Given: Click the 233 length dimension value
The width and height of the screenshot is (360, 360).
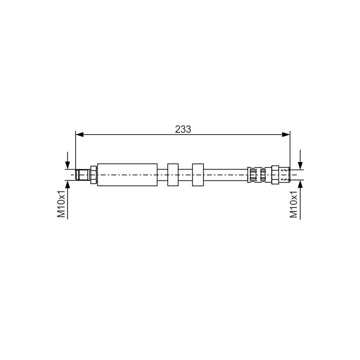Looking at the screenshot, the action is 183,130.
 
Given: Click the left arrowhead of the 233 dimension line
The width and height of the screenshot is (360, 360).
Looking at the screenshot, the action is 80,135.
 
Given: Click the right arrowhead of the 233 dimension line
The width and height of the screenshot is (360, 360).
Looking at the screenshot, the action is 286,135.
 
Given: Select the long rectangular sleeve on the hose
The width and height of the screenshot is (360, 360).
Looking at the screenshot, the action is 127,175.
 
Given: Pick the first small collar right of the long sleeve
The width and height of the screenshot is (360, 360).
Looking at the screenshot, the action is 173,175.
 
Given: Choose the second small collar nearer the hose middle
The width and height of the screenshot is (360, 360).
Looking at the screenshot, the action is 198,175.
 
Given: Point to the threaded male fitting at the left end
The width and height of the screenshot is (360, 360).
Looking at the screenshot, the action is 83,175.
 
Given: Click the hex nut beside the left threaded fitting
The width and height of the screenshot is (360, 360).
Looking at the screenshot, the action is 94,175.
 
